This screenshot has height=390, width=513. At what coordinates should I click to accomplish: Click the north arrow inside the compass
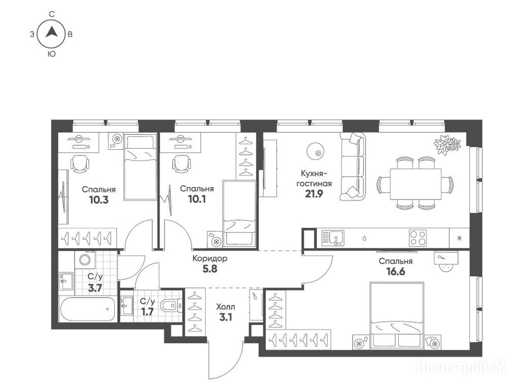pyautogui.click(x=51, y=31)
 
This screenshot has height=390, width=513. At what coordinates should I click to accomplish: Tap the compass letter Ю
pyautogui.click(x=51, y=54)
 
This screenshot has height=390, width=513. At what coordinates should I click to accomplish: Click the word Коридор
pyautogui.click(x=210, y=258)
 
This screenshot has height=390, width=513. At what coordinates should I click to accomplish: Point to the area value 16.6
pyautogui.click(x=396, y=271)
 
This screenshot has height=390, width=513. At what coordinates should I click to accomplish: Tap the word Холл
pyautogui.click(x=226, y=307)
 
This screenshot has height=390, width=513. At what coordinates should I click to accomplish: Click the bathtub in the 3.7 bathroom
pyautogui.click(x=87, y=309)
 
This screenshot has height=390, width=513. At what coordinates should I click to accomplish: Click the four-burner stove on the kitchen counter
pyautogui.click(x=418, y=238)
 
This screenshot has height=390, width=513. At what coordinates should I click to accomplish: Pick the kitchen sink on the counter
pyautogui.click(x=333, y=238)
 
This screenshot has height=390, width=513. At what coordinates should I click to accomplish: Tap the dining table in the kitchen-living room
pyautogui.click(x=415, y=183)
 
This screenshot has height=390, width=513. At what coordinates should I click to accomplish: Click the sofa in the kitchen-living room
pyautogui.click(x=352, y=167)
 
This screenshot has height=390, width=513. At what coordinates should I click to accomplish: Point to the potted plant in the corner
pyautogui.click(x=447, y=143)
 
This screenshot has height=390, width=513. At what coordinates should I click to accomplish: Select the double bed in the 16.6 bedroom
pyautogui.click(x=397, y=315)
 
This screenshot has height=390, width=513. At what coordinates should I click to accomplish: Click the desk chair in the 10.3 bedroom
pyautogui.click(x=80, y=163)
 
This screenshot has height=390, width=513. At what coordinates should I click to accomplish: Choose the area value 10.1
pyautogui.click(x=197, y=199)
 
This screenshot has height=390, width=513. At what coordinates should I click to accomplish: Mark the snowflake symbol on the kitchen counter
pyautogui.click(x=459, y=238)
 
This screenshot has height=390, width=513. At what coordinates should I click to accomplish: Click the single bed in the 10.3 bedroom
pyautogui.click(x=141, y=167)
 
